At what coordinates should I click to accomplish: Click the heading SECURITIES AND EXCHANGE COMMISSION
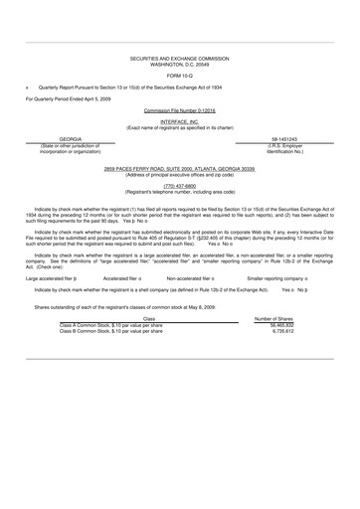click(x=181, y=60)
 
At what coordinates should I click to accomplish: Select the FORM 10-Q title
click(x=181, y=76)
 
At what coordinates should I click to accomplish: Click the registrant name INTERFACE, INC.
click(x=180, y=121)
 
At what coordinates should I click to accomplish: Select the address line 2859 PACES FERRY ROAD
click(x=180, y=170)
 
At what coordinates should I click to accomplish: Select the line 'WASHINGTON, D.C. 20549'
click(x=181, y=66)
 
